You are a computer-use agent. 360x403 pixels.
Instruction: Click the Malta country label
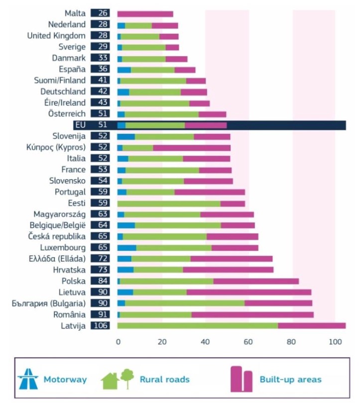point(75,13)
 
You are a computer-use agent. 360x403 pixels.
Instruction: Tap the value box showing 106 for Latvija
point(100,326)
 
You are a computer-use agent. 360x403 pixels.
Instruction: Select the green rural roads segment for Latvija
point(197,326)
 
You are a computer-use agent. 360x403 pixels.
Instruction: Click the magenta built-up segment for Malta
point(145,13)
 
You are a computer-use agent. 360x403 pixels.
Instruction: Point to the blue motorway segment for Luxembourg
point(126,248)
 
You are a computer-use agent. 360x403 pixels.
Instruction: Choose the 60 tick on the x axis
point(248,342)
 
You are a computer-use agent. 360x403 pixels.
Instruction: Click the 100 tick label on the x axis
point(335,342)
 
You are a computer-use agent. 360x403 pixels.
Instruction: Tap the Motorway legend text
point(65,380)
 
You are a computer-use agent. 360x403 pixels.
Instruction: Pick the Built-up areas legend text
point(290,380)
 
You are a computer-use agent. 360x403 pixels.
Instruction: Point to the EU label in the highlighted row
point(79,125)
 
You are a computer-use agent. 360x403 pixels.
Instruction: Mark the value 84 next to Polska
point(100,281)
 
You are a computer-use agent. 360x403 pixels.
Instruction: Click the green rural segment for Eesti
point(169,203)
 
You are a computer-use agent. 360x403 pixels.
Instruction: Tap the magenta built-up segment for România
point(252,314)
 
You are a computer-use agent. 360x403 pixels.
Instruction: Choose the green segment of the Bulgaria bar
point(185,303)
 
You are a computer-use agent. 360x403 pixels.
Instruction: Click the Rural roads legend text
point(164,380)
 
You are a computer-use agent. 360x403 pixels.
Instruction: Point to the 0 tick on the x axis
point(118,342)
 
